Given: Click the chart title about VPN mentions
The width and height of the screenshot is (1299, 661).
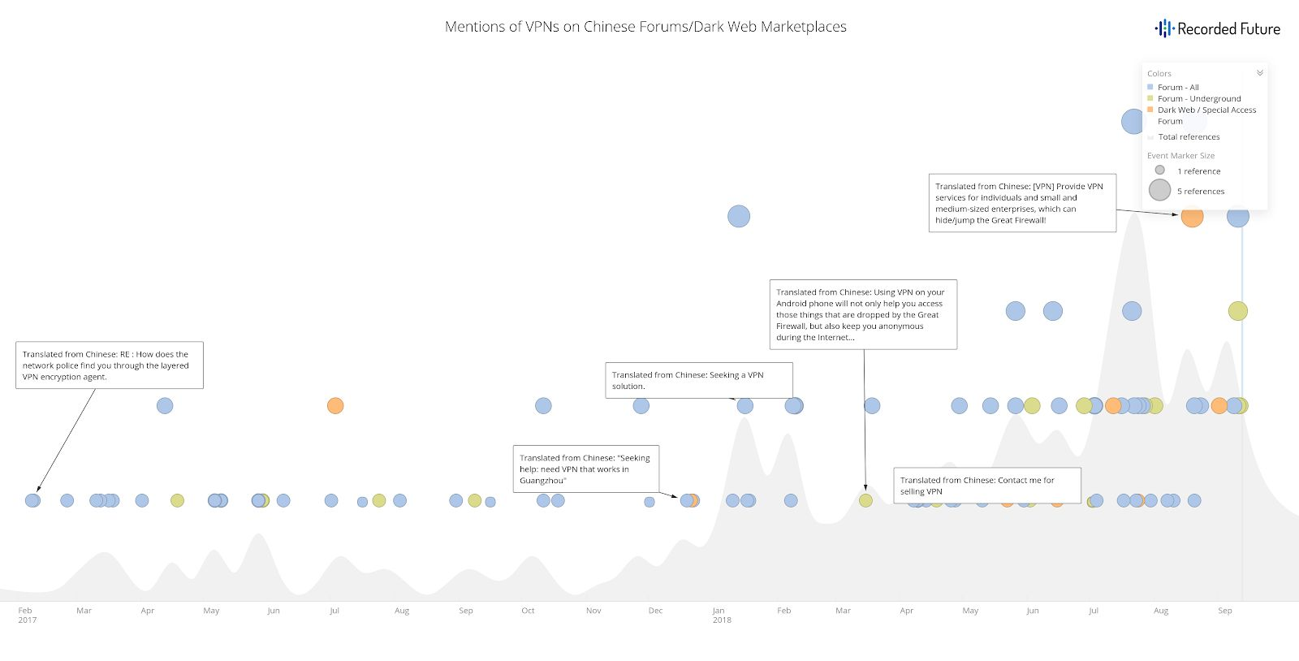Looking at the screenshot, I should (645, 27).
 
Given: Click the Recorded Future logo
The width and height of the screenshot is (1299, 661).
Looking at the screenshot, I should (1217, 29).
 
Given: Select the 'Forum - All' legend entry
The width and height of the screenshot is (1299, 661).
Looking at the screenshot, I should (1177, 87).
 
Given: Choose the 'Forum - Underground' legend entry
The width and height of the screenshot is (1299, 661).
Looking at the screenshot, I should (1198, 98).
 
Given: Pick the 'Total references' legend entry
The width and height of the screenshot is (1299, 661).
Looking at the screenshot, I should (1188, 137).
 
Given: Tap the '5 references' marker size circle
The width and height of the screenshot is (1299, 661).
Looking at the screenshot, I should (1159, 190).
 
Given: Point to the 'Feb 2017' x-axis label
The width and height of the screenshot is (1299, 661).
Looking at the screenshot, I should (27, 615).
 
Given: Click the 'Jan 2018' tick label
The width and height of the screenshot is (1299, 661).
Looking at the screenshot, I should (721, 615).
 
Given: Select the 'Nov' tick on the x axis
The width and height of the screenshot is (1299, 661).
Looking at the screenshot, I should (593, 611).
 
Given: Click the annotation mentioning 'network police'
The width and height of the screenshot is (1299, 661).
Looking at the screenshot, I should (109, 365).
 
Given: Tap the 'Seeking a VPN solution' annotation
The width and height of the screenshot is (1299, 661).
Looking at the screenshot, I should (698, 380).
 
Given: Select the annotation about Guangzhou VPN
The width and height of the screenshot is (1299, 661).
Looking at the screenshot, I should (585, 469).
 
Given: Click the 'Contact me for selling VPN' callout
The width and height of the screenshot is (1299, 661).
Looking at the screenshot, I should (986, 486).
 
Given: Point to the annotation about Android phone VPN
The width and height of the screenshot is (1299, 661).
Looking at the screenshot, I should (862, 314).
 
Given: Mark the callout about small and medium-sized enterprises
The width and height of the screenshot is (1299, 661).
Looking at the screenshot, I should (1021, 203).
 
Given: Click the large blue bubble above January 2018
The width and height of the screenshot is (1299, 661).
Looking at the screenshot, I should (739, 216).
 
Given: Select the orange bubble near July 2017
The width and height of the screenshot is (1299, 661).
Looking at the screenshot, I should (335, 405).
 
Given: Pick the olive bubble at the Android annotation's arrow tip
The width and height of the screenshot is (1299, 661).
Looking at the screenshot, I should (865, 500).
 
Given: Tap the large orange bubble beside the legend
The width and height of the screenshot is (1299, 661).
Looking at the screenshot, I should (1191, 217).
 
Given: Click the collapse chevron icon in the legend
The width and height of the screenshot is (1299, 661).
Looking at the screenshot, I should (1259, 73).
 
